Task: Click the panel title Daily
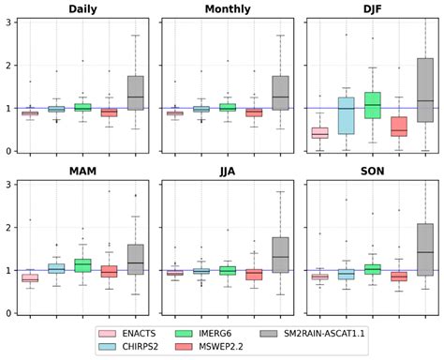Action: click(x=82, y=10)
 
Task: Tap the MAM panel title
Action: click(x=82, y=172)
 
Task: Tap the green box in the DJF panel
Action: click(x=372, y=105)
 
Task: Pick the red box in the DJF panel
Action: click(x=398, y=127)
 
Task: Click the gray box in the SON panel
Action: click(x=424, y=249)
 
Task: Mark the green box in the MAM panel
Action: click(x=82, y=266)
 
